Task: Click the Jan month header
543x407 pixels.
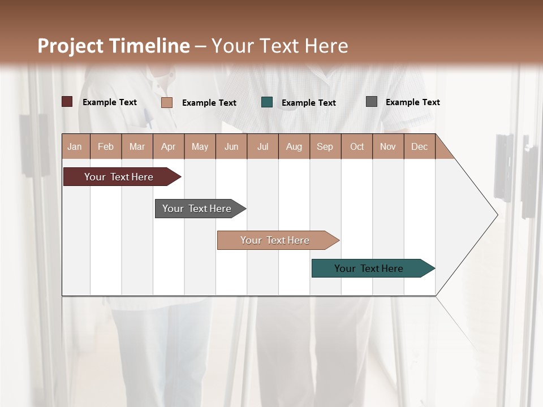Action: coord(75,146)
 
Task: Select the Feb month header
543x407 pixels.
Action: coord(106,146)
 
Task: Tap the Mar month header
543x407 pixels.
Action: coord(137,146)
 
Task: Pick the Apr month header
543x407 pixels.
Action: coord(169,146)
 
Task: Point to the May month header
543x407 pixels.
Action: coord(200,146)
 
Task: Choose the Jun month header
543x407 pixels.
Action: coord(231,146)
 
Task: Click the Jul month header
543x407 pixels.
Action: coord(262,146)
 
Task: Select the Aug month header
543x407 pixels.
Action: coord(294,146)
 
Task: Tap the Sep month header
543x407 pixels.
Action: coord(325,146)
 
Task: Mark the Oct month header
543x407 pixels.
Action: coord(357,146)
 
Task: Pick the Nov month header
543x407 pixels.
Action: coord(388,146)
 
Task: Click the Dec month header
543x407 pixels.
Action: coord(420,146)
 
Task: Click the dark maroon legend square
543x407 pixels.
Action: coord(67,102)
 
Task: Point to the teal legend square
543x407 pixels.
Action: coord(267,102)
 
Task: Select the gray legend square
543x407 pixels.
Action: coord(372,102)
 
